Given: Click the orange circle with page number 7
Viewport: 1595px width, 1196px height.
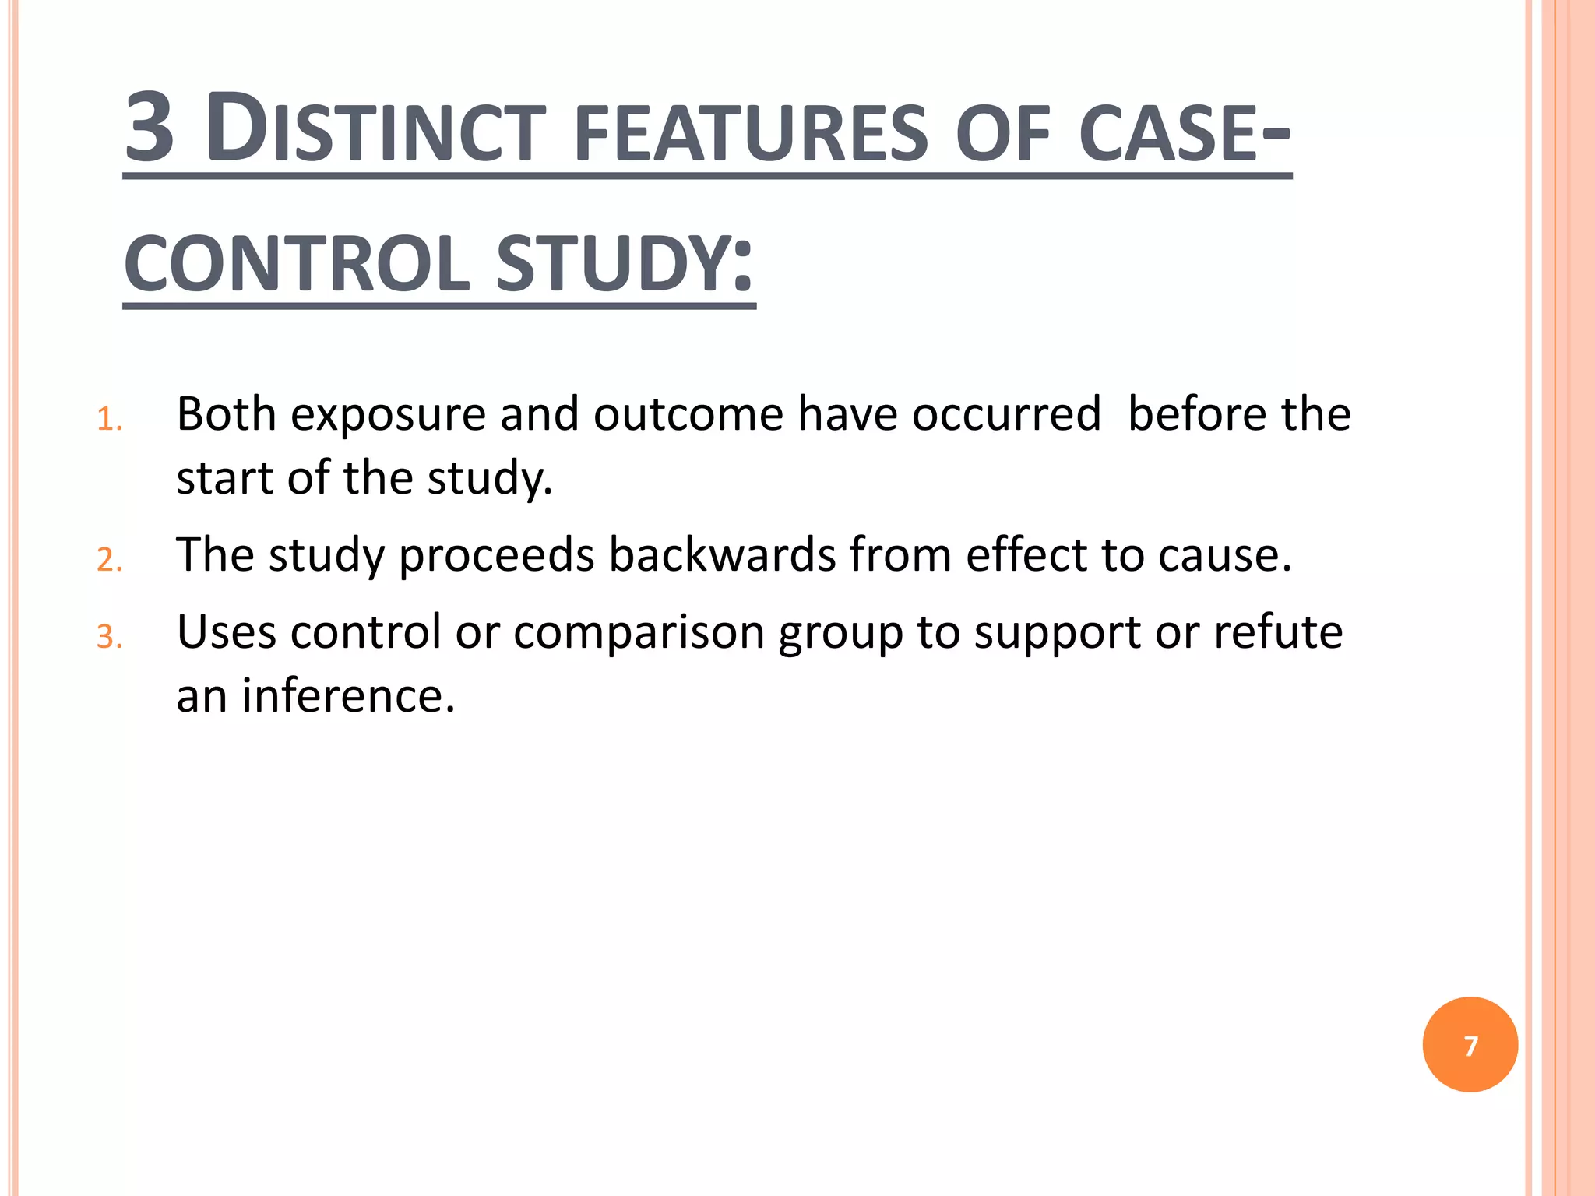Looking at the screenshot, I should (x=1470, y=1045).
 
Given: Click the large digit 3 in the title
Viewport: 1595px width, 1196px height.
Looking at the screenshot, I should (x=150, y=128).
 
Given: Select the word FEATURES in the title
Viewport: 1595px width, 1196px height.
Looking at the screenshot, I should (x=751, y=134).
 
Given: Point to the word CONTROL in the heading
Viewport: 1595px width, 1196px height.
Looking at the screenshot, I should (x=297, y=265).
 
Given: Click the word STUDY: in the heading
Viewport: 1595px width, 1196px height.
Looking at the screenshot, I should (x=624, y=265).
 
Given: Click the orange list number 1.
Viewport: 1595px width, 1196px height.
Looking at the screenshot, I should (x=109, y=420).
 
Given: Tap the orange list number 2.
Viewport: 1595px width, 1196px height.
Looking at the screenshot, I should (x=109, y=561).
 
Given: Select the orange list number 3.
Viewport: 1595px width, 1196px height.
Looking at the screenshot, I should (x=109, y=638).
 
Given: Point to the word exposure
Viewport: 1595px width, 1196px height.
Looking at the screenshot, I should (x=388, y=415).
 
